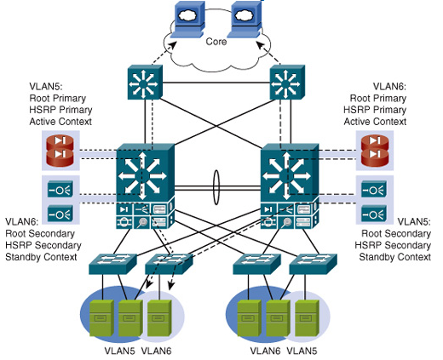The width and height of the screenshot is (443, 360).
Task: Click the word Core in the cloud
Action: pos(216,42)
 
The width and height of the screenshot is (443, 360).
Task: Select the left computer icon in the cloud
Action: pos(188,20)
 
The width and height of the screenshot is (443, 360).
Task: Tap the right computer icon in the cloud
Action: pos(245,20)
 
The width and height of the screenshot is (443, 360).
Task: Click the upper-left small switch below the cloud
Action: pos(145,83)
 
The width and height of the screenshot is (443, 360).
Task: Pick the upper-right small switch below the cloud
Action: pos(287,83)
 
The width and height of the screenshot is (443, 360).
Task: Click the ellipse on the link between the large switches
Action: pos(216,187)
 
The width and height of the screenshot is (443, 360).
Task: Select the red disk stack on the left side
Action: pos(60,151)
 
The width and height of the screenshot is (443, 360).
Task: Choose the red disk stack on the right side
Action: pos(375,151)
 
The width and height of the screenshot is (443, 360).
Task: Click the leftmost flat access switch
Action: pos(113,264)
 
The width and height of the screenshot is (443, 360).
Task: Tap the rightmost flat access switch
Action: pos(314,264)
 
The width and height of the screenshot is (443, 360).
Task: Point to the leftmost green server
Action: pos(101,318)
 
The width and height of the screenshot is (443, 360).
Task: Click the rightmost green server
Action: pos(307,318)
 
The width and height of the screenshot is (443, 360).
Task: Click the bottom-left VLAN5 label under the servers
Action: pos(119,351)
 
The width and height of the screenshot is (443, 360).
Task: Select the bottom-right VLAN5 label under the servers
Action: pos(302,351)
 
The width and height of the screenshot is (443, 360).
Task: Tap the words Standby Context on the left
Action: pos(41,257)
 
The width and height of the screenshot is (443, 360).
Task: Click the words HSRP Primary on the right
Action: pos(375,110)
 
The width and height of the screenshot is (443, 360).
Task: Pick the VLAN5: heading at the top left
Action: pos(46,87)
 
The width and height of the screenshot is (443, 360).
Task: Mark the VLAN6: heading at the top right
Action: pos(389,87)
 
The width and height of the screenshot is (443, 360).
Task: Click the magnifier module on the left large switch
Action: pos(141,222)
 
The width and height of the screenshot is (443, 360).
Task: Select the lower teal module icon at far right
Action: pos(374,214)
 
